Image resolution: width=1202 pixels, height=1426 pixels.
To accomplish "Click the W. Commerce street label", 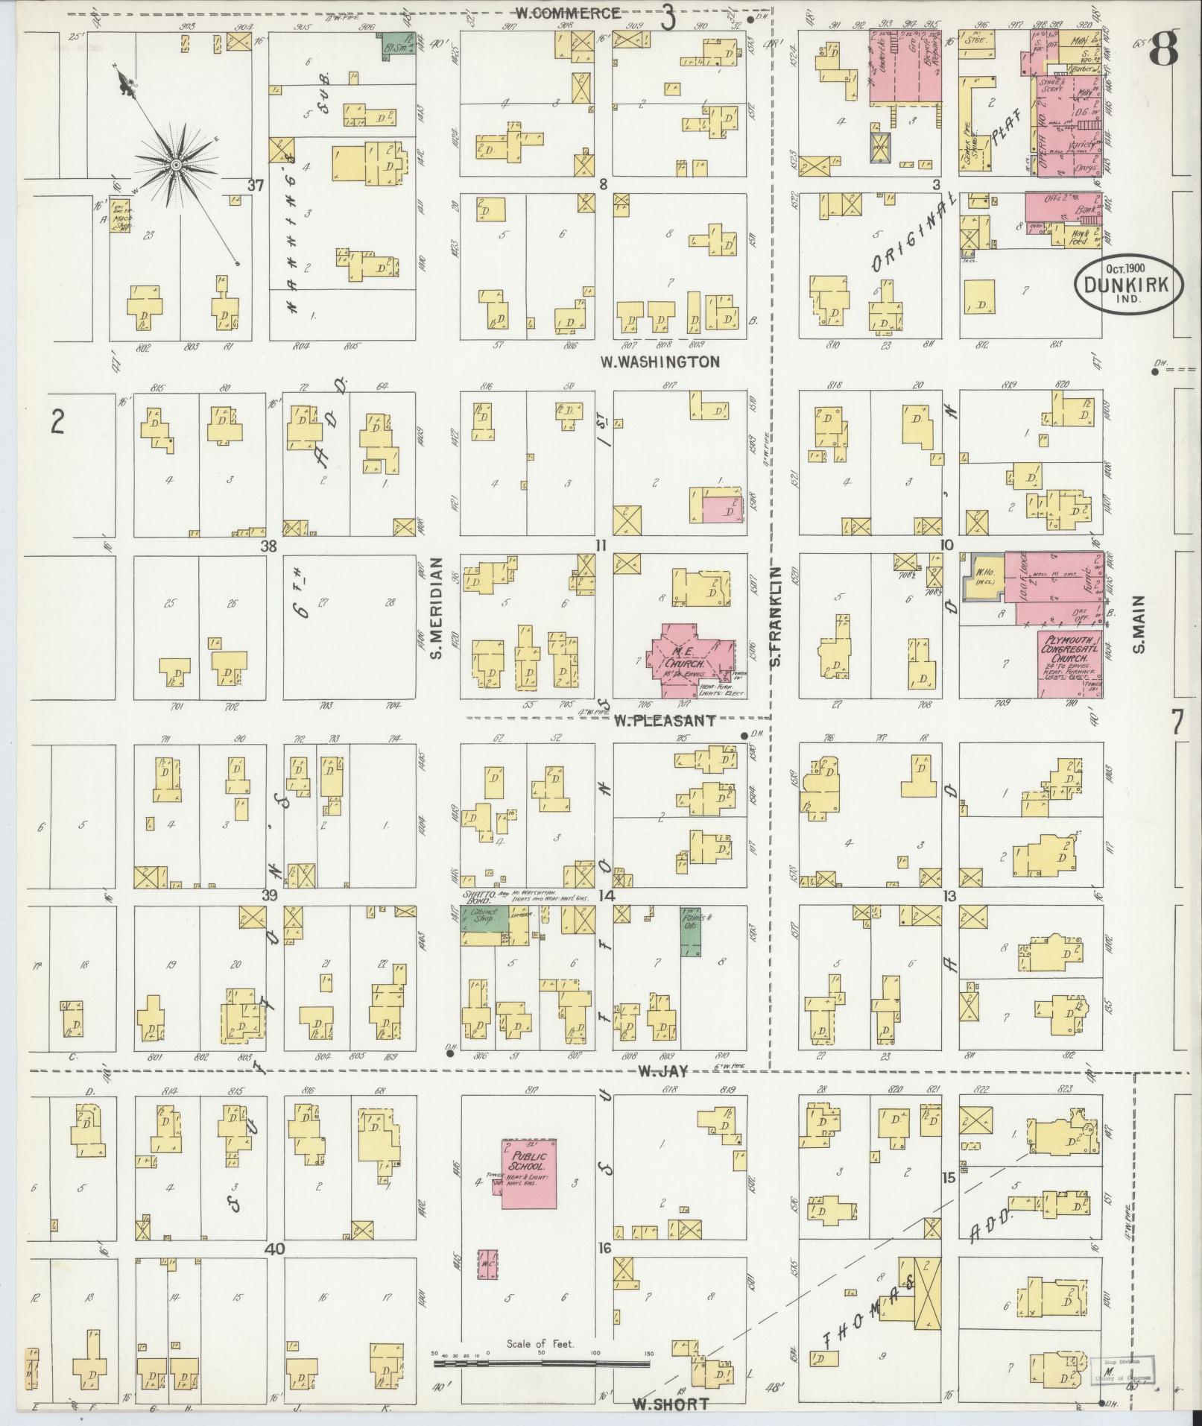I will [569, 13].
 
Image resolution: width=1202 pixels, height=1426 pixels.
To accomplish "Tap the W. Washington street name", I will [660, 362].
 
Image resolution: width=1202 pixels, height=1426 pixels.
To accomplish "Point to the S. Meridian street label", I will [437, 609].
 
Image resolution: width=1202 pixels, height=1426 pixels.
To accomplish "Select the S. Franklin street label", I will [775, 616].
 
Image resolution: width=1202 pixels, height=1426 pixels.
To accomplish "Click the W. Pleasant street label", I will [665, 720].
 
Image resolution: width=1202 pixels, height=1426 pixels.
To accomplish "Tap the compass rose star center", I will [176, 164].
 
